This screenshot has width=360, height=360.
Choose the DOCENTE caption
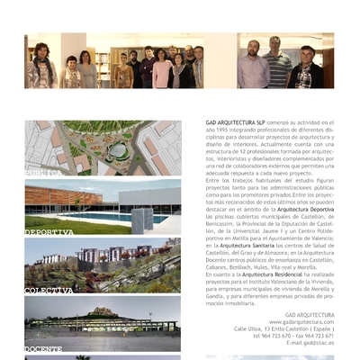42,348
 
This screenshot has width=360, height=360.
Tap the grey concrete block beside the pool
142,219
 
